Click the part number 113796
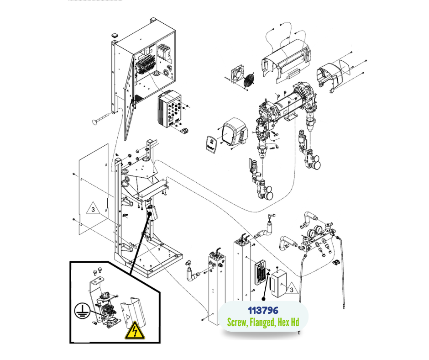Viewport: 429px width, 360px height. click(263, 311)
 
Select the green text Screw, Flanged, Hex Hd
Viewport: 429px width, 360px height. click(263, 323)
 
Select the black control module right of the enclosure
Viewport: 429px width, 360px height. click(169, 110)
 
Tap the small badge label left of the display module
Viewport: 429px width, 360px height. click(211, 143)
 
